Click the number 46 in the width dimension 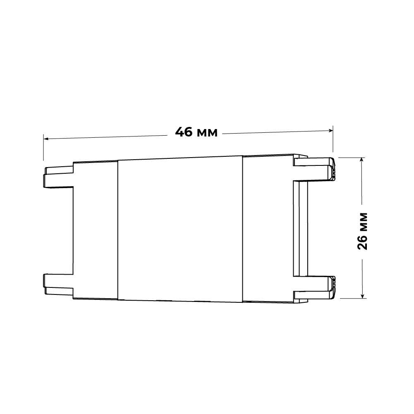184,132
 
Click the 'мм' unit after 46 208,133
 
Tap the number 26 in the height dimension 362,242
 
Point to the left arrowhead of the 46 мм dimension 45,139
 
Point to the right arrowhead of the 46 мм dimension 330,130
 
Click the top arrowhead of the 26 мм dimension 362,160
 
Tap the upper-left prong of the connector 58,177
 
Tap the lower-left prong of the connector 58,285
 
